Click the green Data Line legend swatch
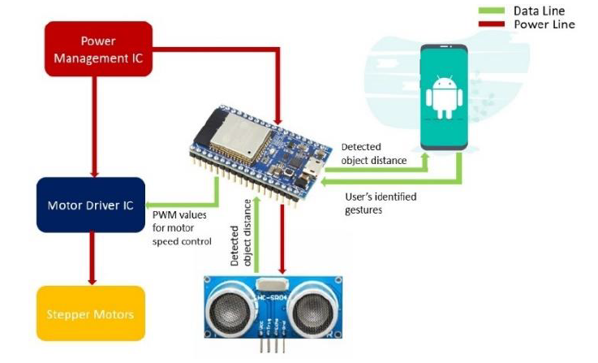(x=490, y=11)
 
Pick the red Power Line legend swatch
(x=490, y=24)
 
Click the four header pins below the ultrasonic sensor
(x=273, y=347)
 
